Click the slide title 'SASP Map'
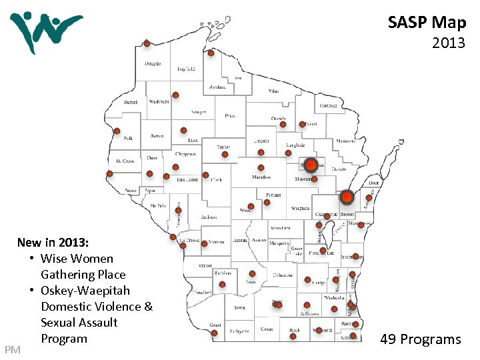[x=427, y=23]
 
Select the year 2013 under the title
[x=448, y=45]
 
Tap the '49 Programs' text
[x=420, y=339]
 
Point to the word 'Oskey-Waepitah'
[x=85, y=291]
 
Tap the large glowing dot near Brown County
[x=347, y=197]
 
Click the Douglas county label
[x=153, y=64]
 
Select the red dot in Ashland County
[x=211, y=53]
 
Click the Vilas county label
[x=273, y=91]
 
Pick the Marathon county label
[x=261, y=177]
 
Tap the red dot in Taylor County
[x=225, y=154]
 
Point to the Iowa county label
[x=239, y=308]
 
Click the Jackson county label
[x=209, y=217]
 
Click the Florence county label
[x=327, y=105]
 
